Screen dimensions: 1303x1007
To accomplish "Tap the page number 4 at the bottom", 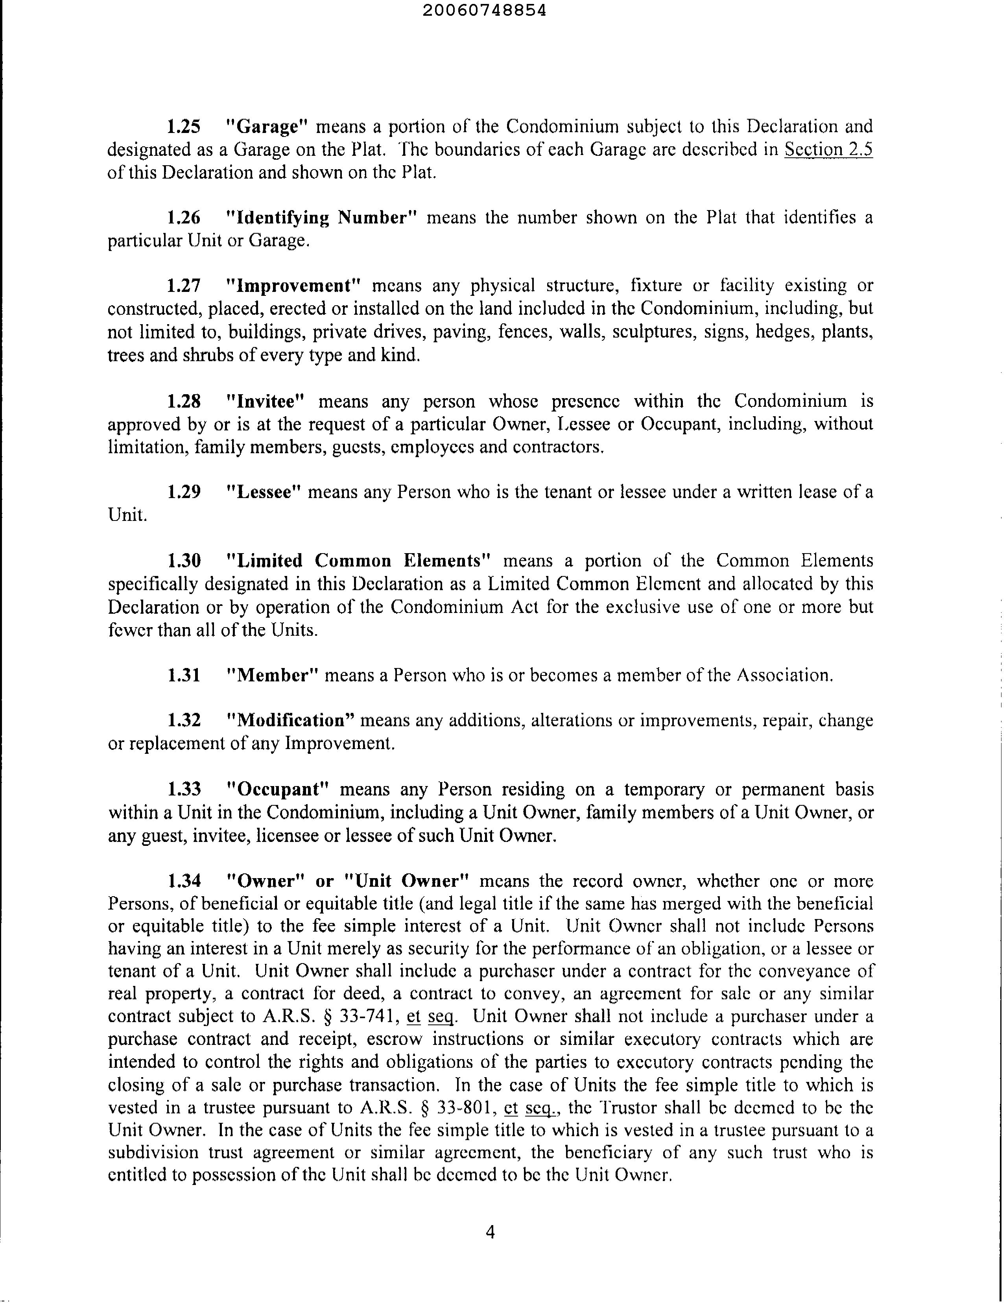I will pos(491,1231).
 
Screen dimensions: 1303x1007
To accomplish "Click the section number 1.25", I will pos(184,126).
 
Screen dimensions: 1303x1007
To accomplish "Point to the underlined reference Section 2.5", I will pos(828,149).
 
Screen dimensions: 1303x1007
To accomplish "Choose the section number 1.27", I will pos(184,286).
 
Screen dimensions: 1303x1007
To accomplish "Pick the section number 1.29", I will pos(184,492).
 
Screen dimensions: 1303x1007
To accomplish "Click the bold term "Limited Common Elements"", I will pos(360,561).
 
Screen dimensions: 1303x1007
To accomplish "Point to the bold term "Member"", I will pos(272,675).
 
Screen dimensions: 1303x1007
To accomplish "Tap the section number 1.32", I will pos(184,721).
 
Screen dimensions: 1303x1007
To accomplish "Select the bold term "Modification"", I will pos(292,721).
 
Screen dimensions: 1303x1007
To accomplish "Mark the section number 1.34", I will pos(184,881).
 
